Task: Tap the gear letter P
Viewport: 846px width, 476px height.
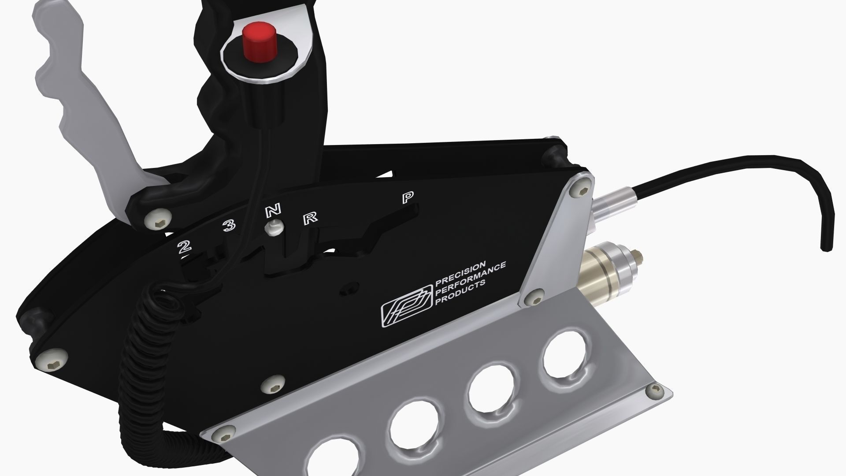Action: (408, 197)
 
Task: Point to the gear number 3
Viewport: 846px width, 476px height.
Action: (229, 226)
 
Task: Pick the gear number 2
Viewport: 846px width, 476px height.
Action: (184, 247)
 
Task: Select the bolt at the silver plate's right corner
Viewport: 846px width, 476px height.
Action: (654, 390)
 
